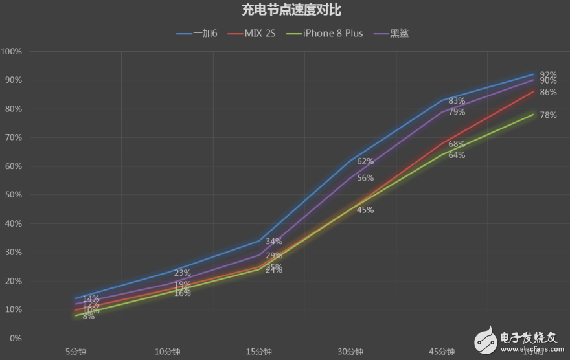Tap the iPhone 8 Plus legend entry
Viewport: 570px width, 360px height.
point(329,33)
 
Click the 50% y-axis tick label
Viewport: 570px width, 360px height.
point(12,195)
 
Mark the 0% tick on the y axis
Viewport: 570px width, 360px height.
point(15,339)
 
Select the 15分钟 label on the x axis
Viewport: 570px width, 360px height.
point(258,352)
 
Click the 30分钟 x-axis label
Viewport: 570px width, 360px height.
point(350,352)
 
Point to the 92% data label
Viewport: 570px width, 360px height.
point(548,75)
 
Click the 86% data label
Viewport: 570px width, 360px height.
point(548,93)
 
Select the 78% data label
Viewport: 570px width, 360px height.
point(548,115)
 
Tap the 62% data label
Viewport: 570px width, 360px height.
point(365,161)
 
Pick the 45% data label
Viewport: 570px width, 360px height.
point(365,210)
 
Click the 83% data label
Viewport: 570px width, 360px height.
point(457,101)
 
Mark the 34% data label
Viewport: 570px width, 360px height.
point(274,242)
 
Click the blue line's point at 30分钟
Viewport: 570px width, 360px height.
point(350,161)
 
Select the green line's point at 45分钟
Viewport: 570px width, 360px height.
point(442,155)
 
